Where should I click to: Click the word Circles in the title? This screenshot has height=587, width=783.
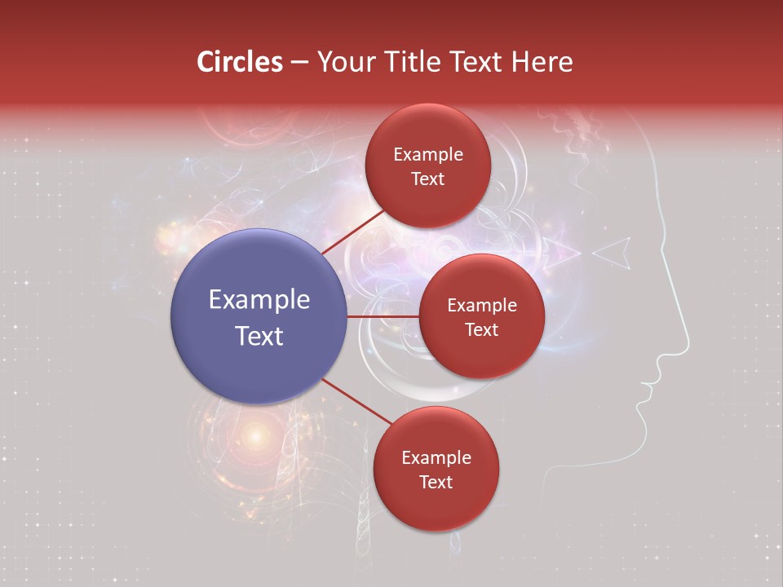click(x=239, y=62)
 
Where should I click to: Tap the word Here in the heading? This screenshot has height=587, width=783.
click(x=542, y=62)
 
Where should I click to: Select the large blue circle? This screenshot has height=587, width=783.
click(x=259, y=316)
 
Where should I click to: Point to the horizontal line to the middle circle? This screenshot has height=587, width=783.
click(x=383, y=316)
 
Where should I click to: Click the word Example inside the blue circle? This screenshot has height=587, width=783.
click(x=259, y=300)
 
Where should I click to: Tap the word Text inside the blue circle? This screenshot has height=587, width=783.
click(x=259, y=336)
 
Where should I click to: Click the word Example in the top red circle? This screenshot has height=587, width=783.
click(x=427, y=155)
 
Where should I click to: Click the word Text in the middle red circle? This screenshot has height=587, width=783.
click(x=481, y=329)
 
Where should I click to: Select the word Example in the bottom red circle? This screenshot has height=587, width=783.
click(x=436, y=458)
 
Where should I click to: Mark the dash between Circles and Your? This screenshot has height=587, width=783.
click(x=299, y=63)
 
